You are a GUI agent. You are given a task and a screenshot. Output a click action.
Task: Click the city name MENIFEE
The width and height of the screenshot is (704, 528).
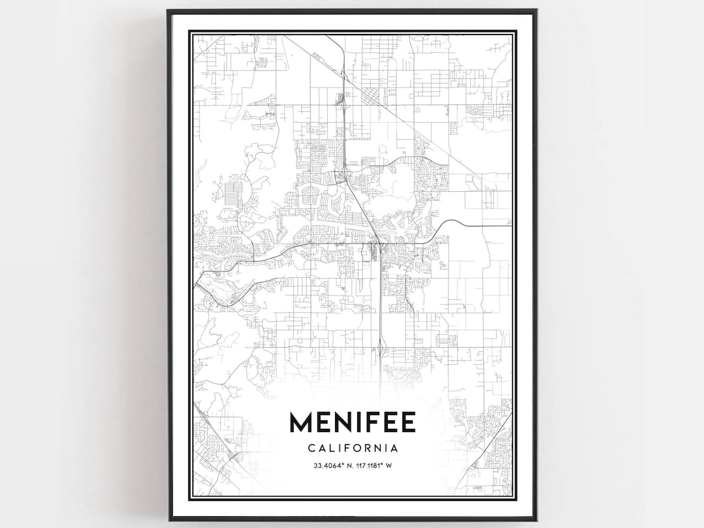(x=352, y=422)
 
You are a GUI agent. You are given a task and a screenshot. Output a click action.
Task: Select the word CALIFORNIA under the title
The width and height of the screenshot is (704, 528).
(x=352, y=448)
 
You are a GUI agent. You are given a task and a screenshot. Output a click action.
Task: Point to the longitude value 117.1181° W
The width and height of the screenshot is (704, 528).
(x=373, y=465)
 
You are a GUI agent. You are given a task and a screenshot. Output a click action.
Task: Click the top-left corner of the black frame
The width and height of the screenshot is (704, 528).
(x=168, y=10)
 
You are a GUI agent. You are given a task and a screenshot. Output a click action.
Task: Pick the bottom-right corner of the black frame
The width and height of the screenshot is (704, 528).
(x=536, y=520)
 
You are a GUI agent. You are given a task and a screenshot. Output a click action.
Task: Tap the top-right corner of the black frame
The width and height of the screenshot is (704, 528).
(x=536, y=10)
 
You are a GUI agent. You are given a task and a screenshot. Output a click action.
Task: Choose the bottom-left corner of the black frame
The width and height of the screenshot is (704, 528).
(x=168, y=520)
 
